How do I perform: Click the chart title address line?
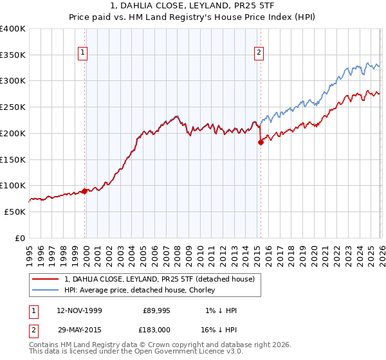click(x=192, y=6)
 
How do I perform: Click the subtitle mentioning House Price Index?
click(x=192, y=17)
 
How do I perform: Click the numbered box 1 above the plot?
click(x=84, y=53)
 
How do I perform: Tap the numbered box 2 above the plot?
click(x=259, y=53)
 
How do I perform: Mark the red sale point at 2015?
click(x=261, y=142)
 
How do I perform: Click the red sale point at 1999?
click(x=84, y=191)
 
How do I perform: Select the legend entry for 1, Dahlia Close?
click(x=159, y=279)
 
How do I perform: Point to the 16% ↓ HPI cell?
click(x=219, y=329)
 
